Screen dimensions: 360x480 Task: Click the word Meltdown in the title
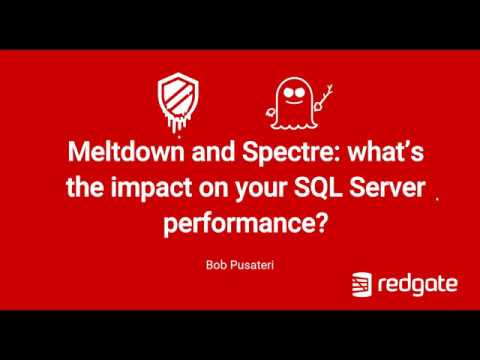coord(111,155)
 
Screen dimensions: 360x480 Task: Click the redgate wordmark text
coord(420,286)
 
